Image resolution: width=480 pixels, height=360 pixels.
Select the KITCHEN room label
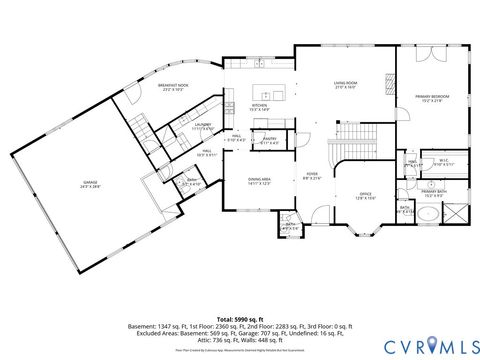click(x=259, y=106)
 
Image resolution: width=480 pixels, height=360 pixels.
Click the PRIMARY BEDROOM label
click(x=429, y=98)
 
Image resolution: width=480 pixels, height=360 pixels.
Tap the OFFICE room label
click(x=365, y=196)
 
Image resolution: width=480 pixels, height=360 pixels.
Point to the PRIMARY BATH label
click(x=434, y=194)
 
